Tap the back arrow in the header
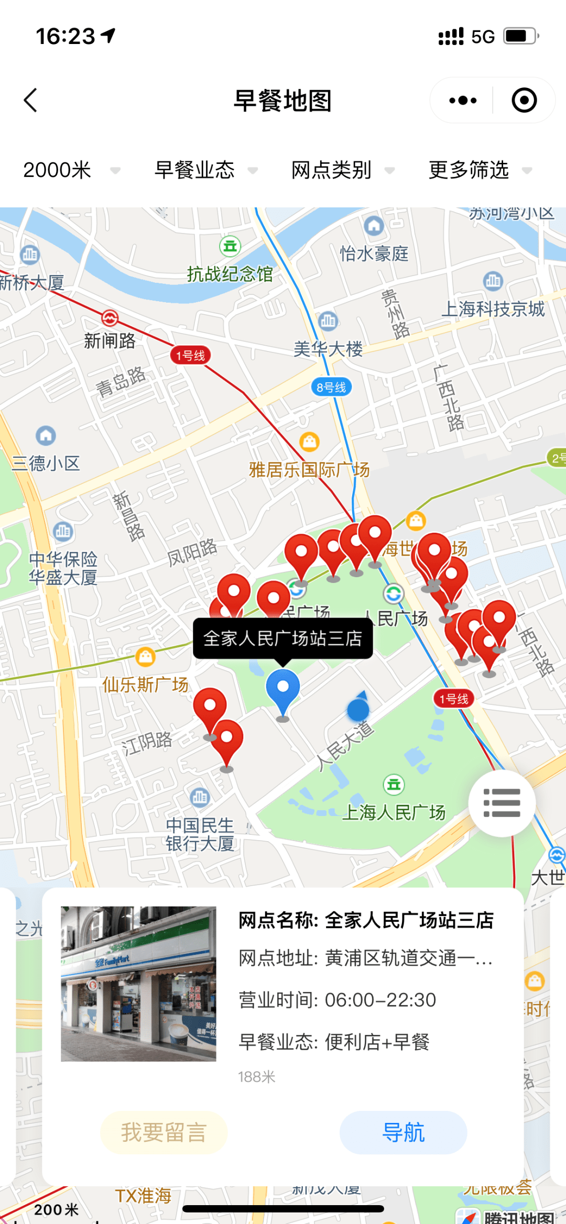point(30,100)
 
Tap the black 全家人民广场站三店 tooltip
point(283,638)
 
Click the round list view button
point(502,802)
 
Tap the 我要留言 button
point(164,1132)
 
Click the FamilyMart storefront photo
point(138,984)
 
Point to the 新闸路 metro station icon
point(110,317)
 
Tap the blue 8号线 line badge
point(331,387)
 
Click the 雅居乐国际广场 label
point(309,470)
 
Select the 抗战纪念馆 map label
point(230,273)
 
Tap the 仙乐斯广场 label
point(145,684)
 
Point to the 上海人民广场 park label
point(394,812)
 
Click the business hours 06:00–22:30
point(380,1000)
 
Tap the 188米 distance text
point(256,1077)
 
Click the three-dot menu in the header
point(463,100)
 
